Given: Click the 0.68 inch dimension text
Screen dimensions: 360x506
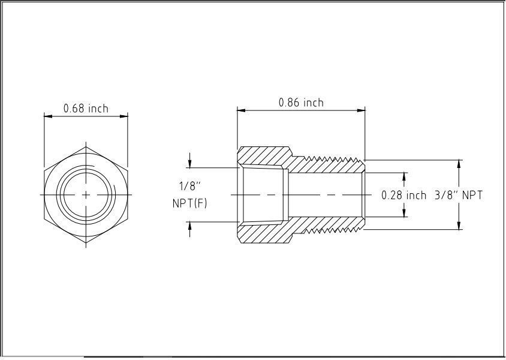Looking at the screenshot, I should coord(86,108).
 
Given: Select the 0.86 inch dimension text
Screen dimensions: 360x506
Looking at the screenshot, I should coord(301,103).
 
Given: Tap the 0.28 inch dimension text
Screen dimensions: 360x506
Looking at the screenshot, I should coord(403,195).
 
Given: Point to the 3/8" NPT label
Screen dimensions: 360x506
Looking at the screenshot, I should coord(459,195).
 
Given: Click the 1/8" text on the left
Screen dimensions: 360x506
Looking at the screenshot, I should coord(190,185).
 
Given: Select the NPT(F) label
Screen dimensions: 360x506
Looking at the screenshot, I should coord(190,203).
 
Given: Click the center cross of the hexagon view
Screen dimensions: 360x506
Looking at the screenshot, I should coord(86,194).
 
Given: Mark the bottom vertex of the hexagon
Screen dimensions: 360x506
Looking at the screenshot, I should coord(86,244).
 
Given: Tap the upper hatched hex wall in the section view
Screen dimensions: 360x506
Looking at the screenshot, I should coord(264,156).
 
